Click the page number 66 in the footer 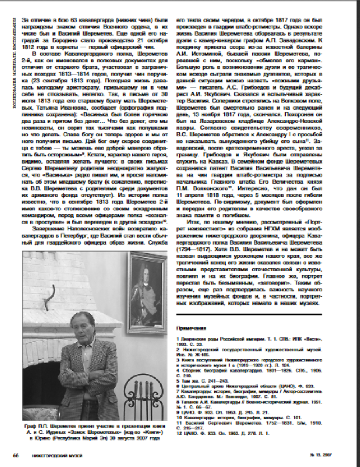pos(16,455)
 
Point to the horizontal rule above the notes pos(248,315)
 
